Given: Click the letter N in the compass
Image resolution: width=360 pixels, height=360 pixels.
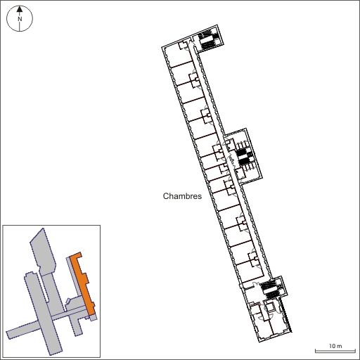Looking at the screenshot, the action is tap(20, 19).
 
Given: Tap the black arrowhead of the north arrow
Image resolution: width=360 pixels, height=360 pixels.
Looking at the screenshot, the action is tap(20, 9).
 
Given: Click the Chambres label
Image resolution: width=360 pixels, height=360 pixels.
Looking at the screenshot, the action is tap(182, 196).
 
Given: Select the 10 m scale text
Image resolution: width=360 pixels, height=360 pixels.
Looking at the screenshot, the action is tap(335, 346).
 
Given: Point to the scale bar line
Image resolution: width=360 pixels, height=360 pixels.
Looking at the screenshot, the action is tap(335, 351).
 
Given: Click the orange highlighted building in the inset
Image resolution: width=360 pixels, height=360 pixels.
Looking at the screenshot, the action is tap(83, 283).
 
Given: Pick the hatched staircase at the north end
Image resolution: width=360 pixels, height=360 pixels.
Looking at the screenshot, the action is tap(207, 39).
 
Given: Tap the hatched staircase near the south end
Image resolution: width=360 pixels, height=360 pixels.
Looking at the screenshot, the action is tap(270, 290).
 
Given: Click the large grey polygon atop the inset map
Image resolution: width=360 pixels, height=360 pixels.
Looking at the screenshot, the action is tap(44, 252).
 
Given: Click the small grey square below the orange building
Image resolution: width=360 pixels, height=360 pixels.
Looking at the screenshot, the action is tap(94, 318).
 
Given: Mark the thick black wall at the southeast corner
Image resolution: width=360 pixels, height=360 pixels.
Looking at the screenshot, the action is tap(286, 315).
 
